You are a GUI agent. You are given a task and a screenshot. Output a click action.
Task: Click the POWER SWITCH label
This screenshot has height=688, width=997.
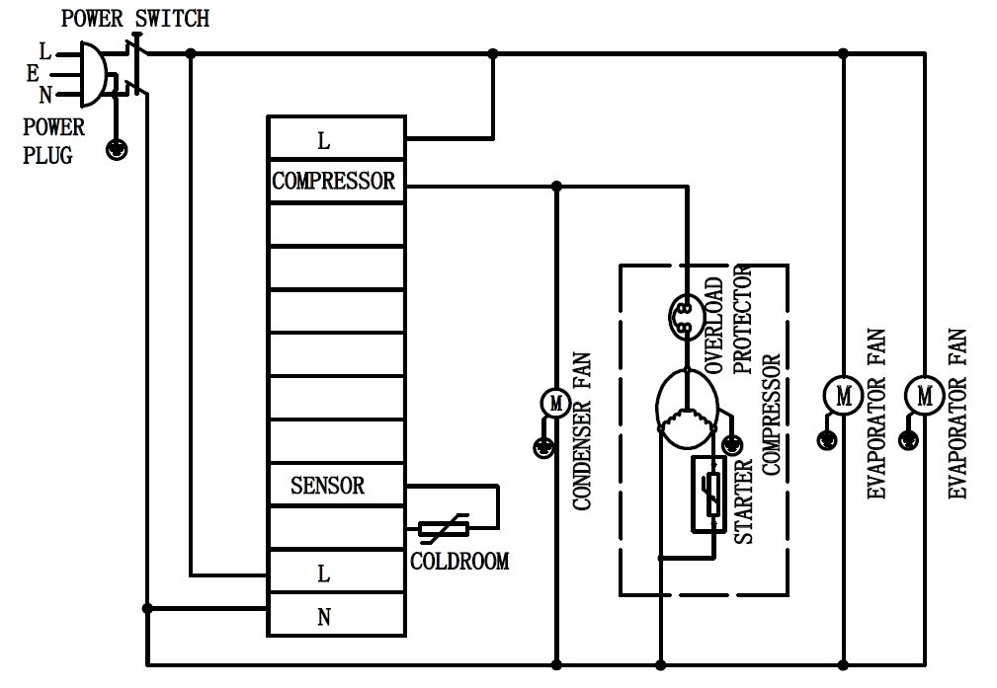point(135,19)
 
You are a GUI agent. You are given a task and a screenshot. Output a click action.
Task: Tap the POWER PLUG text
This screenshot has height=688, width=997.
point(53,140)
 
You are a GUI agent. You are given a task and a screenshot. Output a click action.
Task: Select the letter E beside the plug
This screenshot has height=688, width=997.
point(34,72)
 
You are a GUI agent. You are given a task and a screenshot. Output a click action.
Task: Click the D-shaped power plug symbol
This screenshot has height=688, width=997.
point(90,74)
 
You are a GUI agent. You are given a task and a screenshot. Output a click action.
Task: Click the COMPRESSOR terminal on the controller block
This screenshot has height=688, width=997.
point(334,181)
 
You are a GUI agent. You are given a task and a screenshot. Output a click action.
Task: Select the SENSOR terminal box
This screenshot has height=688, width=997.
point(327,486)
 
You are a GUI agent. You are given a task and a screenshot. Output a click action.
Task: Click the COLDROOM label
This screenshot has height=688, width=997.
point(459,562)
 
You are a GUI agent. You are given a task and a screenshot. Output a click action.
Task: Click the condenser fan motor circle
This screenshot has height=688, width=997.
point(555,403)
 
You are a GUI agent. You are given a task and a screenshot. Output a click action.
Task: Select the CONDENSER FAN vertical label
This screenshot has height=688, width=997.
point(582,432)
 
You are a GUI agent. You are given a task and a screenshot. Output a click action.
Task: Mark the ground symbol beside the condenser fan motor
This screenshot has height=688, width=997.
point(541,447)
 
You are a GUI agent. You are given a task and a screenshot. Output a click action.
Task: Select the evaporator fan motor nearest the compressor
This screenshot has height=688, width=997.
point(843,396)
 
